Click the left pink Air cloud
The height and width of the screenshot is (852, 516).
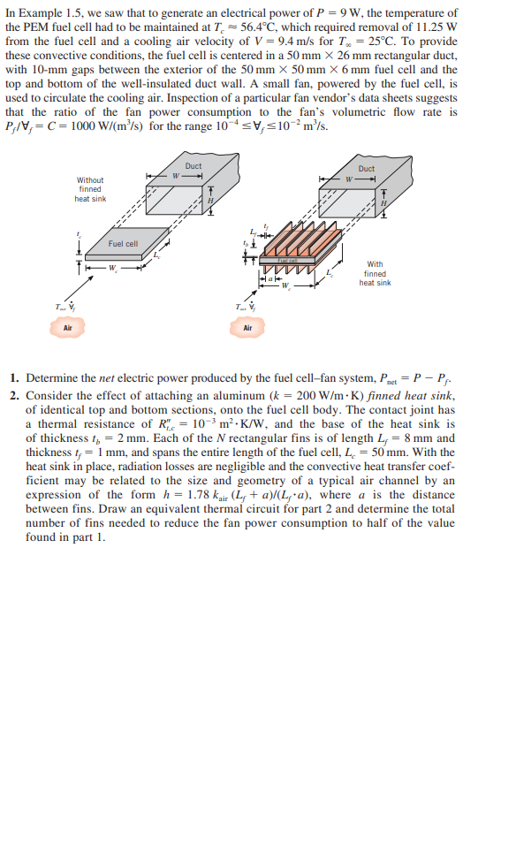pos(67,328)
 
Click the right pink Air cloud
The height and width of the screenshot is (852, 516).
pos(247,328)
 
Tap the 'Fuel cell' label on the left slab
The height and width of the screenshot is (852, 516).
pos(123,243)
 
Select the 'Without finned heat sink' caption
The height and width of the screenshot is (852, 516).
pos(90,189)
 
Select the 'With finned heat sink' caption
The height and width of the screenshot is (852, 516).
pos(375,273)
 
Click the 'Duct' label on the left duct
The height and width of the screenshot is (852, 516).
pos(193,166)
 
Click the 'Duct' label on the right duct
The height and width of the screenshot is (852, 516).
pos(366,168)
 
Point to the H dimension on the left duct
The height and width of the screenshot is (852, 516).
pos(210,200)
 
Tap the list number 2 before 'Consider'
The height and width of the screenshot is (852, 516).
pos(14,394)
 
